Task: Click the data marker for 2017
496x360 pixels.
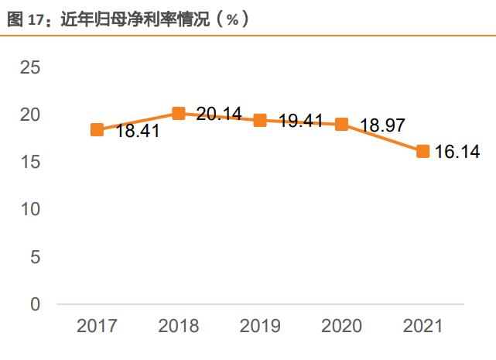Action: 97,130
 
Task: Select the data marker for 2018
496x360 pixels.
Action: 178,114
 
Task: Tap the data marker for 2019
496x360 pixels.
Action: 260,120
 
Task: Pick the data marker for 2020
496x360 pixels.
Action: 341,125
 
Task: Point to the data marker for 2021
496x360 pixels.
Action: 423,151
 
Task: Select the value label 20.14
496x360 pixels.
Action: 219,115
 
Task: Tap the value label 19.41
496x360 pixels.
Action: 300,122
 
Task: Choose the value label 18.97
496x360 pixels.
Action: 382,126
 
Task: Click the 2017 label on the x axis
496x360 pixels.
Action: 97,326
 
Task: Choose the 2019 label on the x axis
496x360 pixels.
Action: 260,326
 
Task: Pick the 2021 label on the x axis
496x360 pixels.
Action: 423,326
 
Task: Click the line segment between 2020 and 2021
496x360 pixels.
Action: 382,138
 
